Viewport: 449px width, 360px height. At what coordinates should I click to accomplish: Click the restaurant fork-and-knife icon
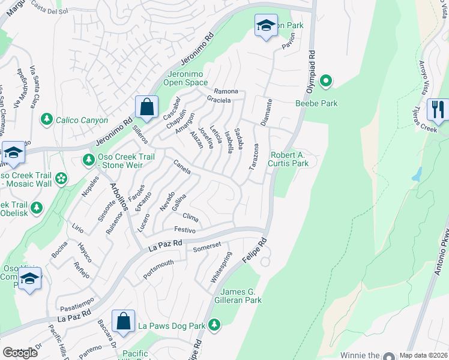[438, 109]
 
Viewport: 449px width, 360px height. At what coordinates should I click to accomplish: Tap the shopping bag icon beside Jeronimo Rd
[146, 107]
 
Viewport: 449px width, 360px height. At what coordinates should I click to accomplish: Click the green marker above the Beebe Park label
[326, 80]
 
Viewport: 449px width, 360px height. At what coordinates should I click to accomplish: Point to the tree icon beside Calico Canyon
[47, 120]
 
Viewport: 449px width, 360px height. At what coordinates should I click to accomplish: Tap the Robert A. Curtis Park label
[289, 158]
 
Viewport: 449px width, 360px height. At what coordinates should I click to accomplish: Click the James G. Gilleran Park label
[238, 296]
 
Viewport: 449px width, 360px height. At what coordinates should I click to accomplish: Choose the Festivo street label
[185, 230]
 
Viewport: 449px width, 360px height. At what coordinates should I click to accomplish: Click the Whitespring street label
[220, 268]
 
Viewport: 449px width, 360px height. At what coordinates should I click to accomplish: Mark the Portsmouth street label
[158, 269]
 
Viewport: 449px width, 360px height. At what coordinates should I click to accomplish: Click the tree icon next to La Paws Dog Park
[214, 325]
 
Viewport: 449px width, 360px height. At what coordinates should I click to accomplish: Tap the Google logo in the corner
[20, 353]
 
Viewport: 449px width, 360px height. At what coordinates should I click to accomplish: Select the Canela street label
[182, 167]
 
